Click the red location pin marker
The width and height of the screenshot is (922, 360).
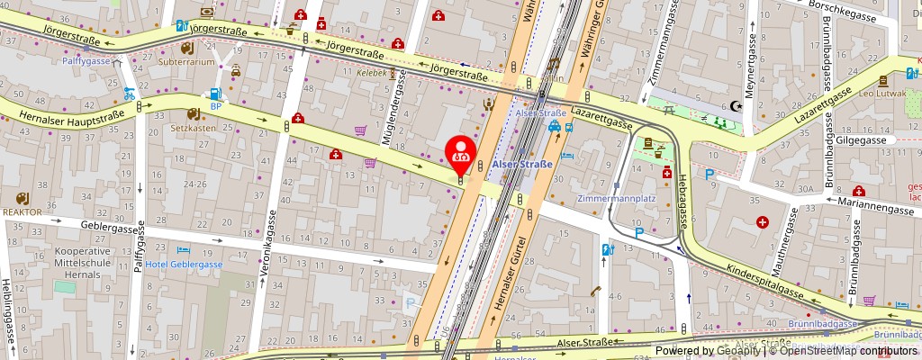462,151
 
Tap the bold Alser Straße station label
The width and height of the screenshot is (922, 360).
522,163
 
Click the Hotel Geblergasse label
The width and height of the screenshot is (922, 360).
184,264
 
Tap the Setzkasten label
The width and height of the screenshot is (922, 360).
194,127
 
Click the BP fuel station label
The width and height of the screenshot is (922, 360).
215,105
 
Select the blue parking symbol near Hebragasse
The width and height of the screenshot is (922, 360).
710,175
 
